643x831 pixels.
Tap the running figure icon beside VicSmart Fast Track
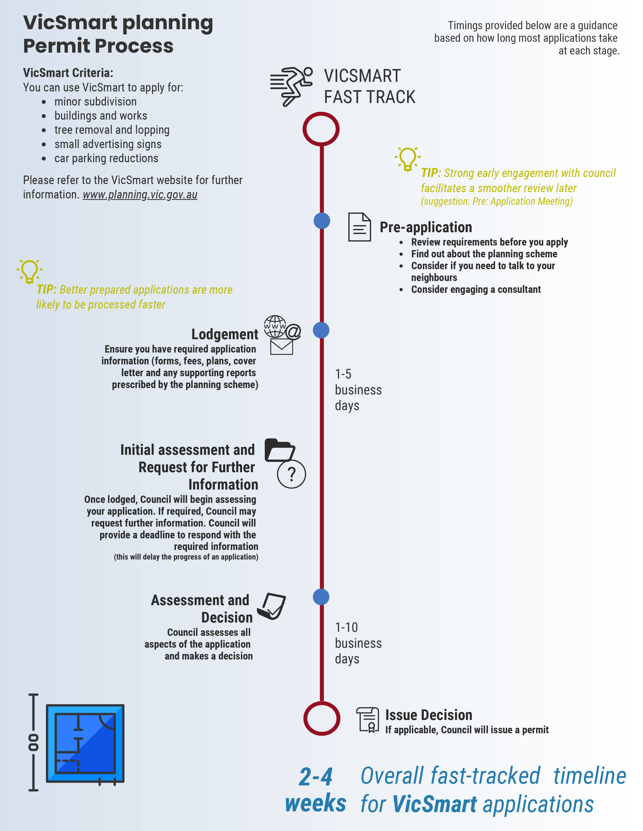coord(291,86)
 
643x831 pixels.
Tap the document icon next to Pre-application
coord(360,227)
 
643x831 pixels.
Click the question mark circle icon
coord(291,474)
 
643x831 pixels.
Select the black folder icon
coord(280,450)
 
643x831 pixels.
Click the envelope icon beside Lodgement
coord(281,347)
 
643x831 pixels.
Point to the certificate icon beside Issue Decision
coord(368,719)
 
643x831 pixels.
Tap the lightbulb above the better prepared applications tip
coord(29,271)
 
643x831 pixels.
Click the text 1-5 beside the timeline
coord(343,374)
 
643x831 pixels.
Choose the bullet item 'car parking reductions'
coord(106,158)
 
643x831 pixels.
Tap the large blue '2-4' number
coord(315,777)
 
